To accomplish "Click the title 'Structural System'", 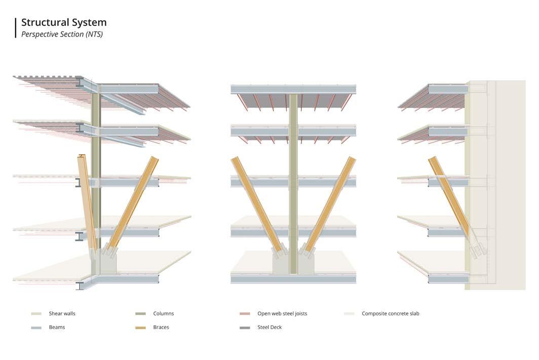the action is tap(64, 22).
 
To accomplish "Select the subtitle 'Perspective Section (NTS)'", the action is tap(62, 34).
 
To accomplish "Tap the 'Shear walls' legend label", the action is tap(62, 314).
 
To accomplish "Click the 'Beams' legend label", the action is tap(57, 328).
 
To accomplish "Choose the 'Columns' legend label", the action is tap(164, 314).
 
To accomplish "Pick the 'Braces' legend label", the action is tap(161, 328).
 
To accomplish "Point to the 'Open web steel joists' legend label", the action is tap(282, 314).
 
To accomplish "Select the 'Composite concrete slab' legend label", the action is tap(390, 314).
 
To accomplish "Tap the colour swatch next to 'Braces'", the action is tap(140, 328).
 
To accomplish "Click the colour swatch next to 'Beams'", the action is tap(36, 328).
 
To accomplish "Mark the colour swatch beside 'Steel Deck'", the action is tap(245, 328).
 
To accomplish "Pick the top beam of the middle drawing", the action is tap(293, 89).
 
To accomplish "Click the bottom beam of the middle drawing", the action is tap(293, 278).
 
